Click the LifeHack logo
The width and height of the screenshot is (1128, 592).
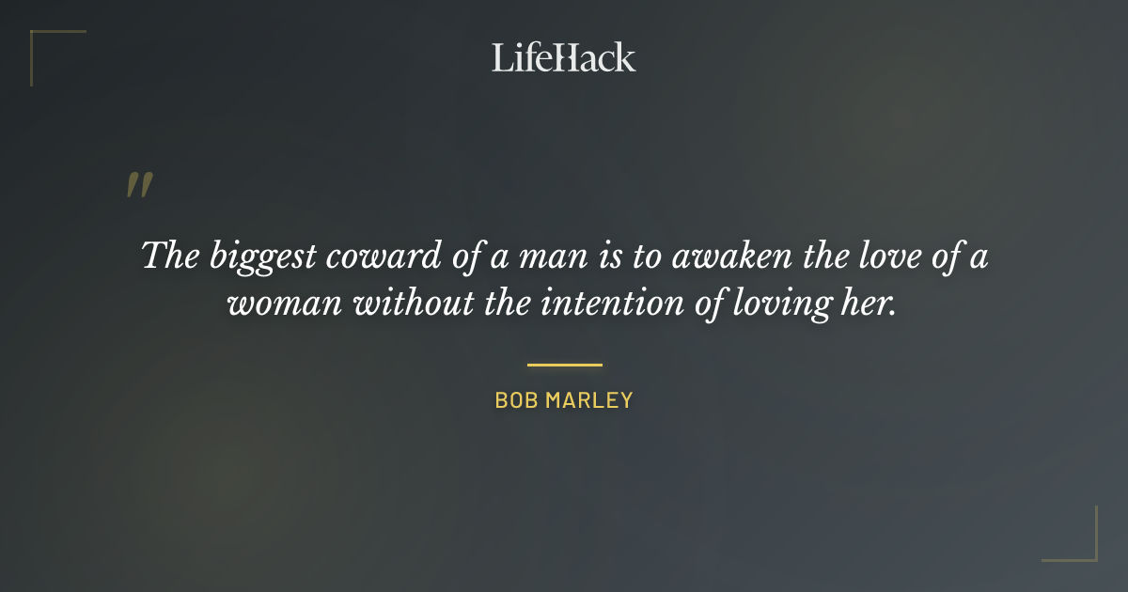(x=564, y=57)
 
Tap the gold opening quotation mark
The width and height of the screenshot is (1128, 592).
(x=139, y=185)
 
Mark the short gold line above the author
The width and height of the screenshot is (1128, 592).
(x=564, y=365)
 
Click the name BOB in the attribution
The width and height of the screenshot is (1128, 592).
(x=515, y=400)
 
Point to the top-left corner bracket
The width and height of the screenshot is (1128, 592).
(x=38, y=39)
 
